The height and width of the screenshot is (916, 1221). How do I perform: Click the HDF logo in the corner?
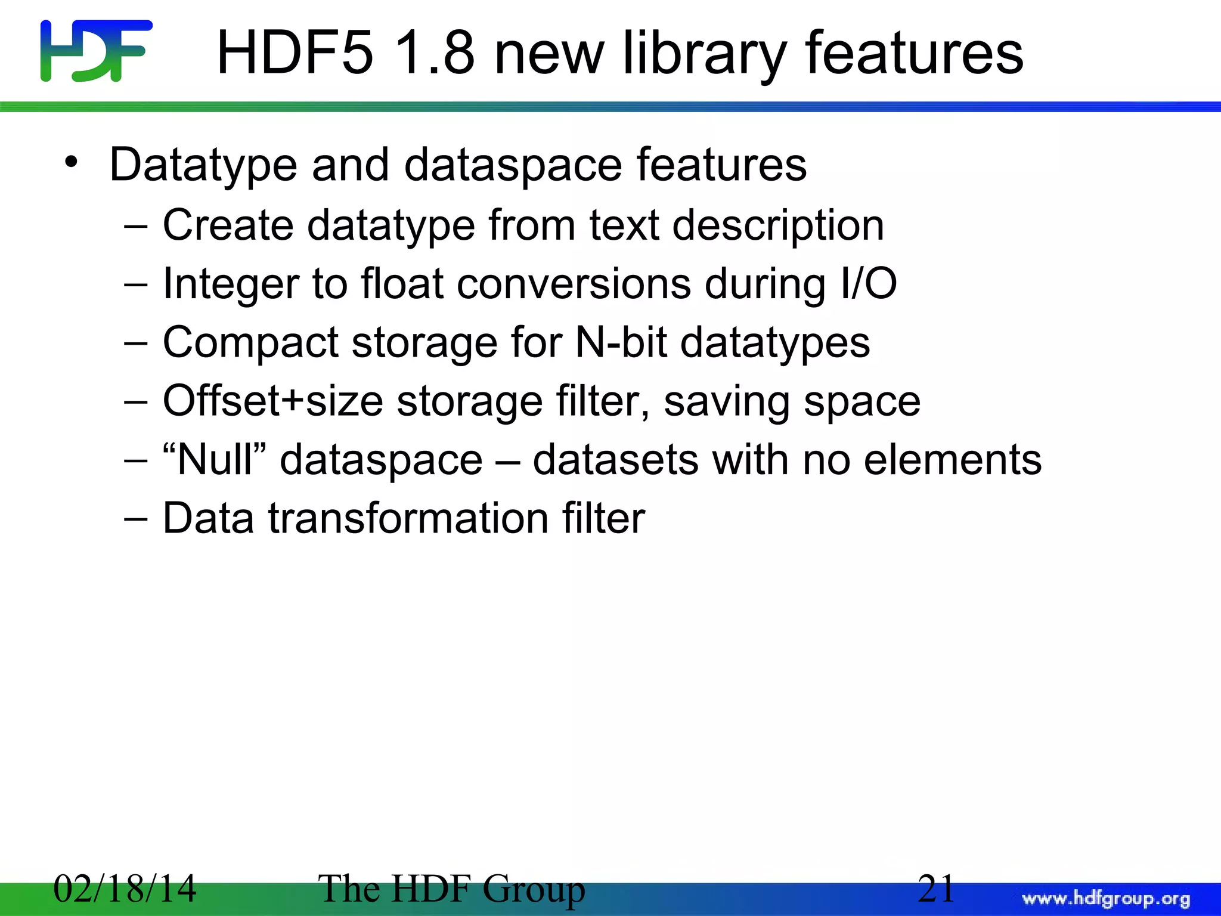coord(96,51)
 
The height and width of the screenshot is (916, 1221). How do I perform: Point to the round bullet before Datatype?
coord(72,163)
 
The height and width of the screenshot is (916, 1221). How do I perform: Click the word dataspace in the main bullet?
coord(513,166)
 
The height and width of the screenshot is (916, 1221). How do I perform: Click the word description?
coord(778,227)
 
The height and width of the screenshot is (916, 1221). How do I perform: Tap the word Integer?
coord(230,284)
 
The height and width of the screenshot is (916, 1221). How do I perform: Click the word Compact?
coord(250,343)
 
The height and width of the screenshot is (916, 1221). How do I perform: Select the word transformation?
coord(408,518)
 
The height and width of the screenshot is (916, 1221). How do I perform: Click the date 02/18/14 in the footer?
coord(125,889)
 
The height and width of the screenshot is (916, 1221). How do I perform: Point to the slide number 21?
coord(935,889)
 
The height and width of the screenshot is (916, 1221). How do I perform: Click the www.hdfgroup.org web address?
coord(1106,899)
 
